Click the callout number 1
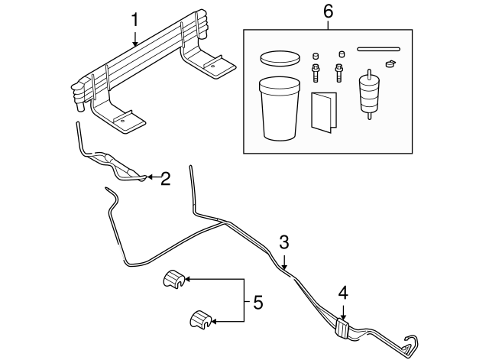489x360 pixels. coord(134,19)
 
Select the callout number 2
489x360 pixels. coord(164,179)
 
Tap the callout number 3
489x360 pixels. coord(283,242)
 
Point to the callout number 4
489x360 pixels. coord(343,293)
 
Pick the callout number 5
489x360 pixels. coord(257,303)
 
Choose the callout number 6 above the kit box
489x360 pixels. coord(329,11)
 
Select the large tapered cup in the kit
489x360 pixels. coord(279,109)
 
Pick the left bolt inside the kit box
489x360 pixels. coord(314,70)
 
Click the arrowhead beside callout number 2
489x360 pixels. coord(149,179)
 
